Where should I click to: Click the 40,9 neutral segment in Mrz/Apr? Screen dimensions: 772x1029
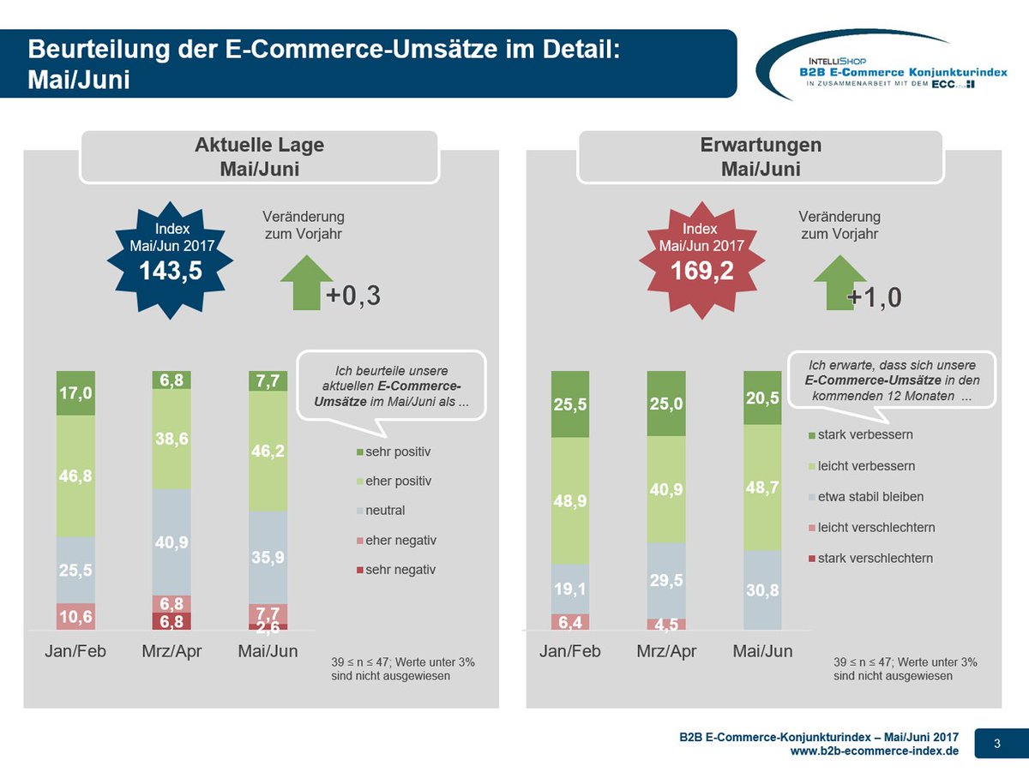[x=171, y=542]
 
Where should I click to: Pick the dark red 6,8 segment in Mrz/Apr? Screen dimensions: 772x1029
[x=171, y=621]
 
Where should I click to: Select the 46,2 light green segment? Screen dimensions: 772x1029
[x=268, y=452]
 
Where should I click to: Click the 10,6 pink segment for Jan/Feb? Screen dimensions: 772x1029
[x=75, y=617]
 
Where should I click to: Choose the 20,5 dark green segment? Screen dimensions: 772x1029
[x=761, y=398]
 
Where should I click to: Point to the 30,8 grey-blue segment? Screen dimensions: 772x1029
[x=761, y=590]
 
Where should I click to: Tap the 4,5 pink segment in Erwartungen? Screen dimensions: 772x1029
[x=665, y=623]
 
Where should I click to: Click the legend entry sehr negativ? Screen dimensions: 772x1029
[x=394, y=570]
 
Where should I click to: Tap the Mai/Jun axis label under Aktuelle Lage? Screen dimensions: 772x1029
[x=268, y=651]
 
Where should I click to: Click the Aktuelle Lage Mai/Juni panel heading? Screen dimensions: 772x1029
[x=260, y=156]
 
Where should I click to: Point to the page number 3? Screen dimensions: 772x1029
[x=997, y=744]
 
